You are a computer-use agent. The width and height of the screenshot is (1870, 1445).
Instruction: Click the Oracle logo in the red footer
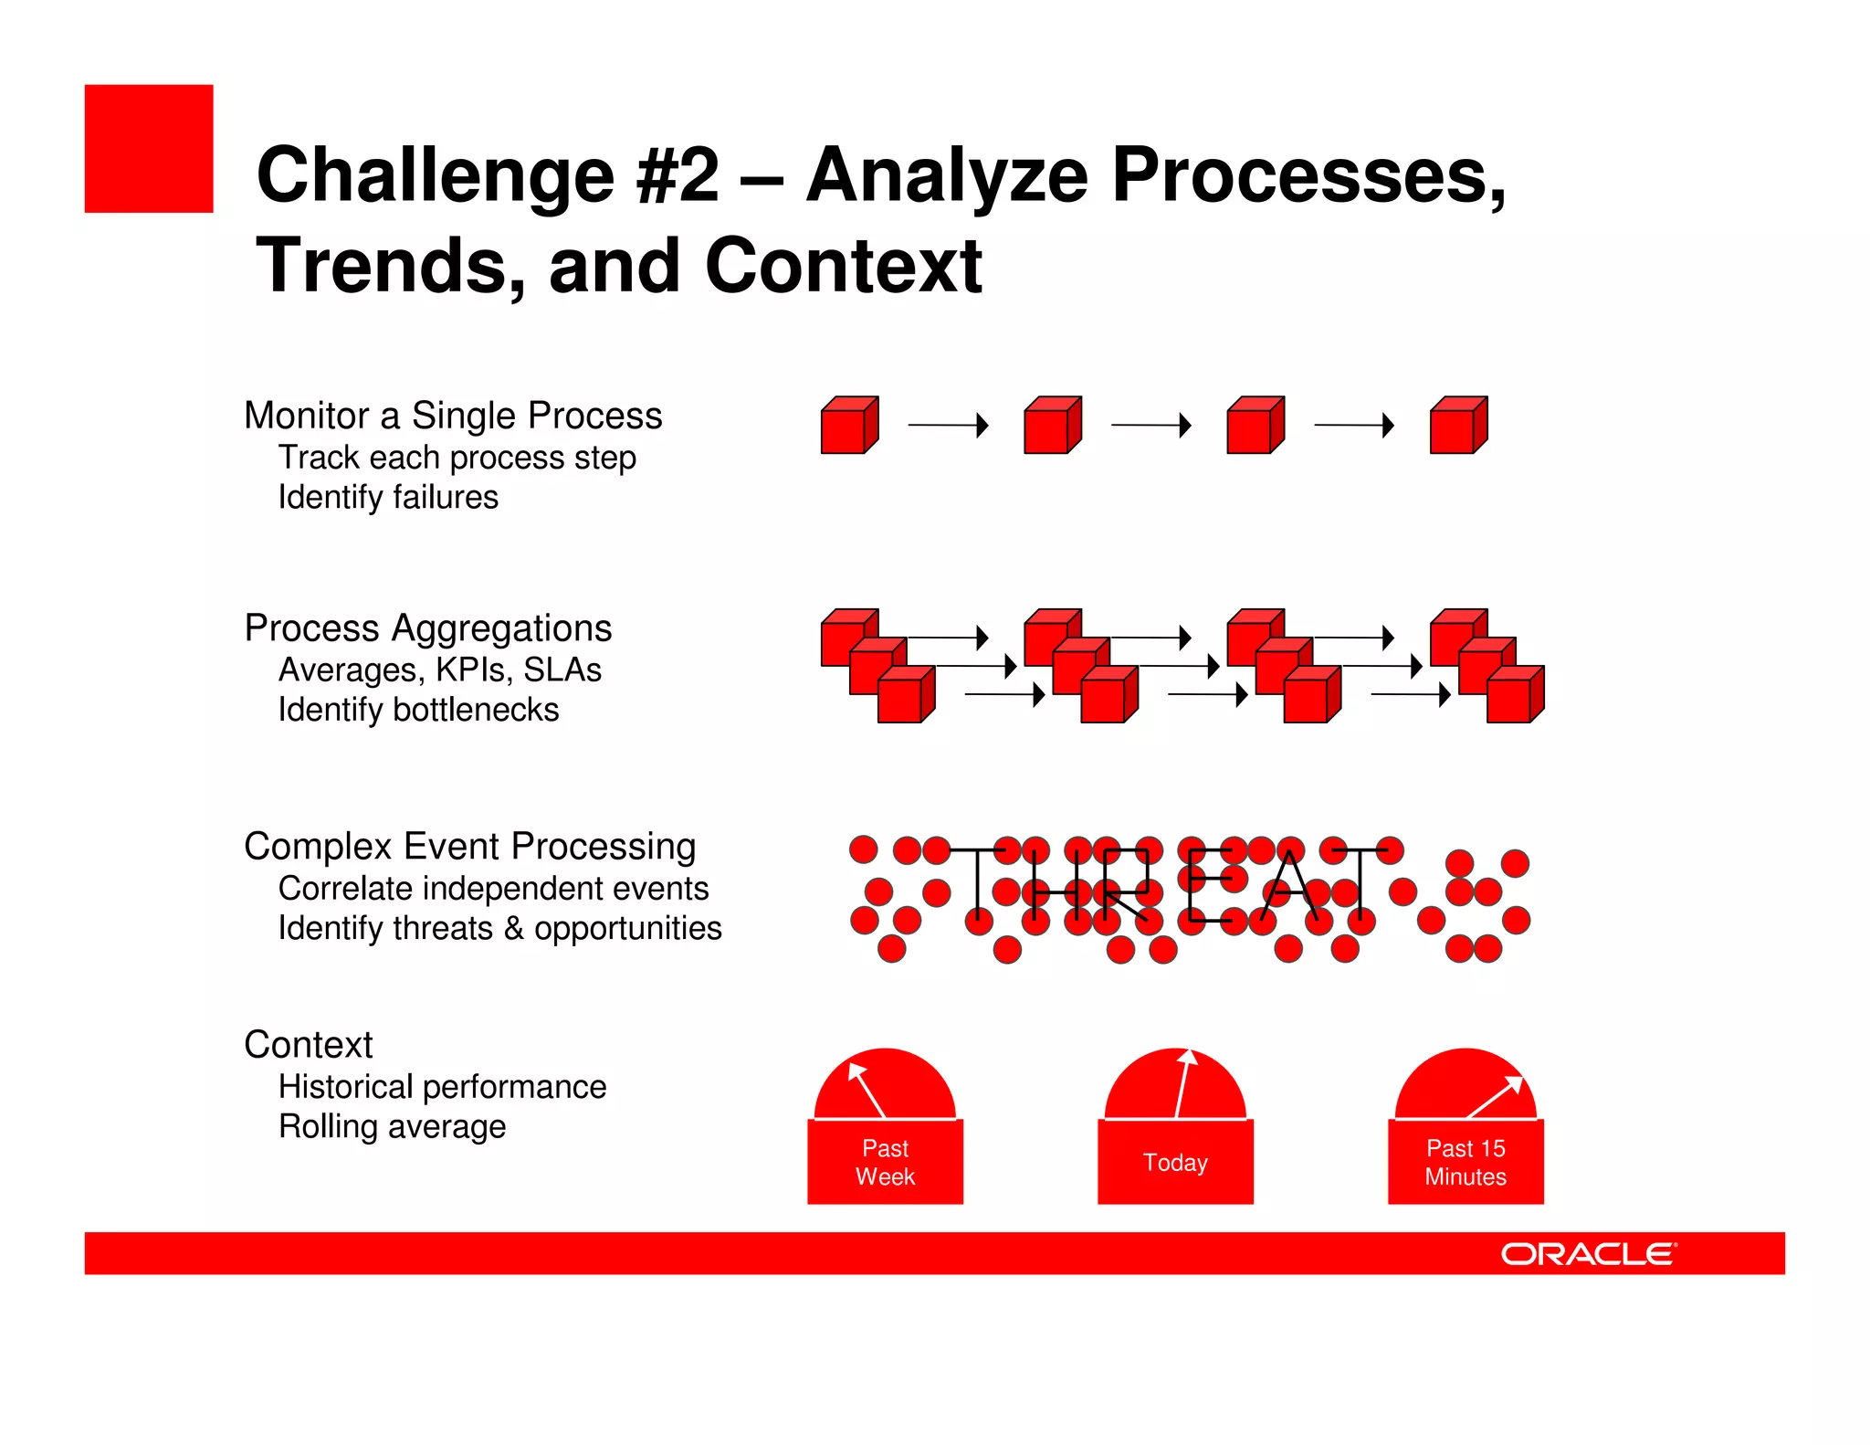(1588, 1253)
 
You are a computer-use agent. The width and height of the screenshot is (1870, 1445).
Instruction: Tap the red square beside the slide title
(149, 149)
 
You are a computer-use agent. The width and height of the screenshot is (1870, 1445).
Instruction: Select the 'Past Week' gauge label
(885, 1162)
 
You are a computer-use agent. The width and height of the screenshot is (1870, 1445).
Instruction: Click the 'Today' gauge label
(1175, 1162)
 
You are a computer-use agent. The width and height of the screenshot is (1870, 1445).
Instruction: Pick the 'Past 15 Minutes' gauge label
(1466, 1162)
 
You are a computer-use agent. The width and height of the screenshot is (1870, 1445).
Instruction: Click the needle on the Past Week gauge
(867, 1091)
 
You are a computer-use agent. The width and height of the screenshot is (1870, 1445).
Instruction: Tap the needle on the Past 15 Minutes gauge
(1495, 1096)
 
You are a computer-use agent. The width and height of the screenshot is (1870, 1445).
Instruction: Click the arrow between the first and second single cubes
(948, 426)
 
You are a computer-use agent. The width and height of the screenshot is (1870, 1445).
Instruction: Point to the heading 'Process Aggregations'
(427, 628)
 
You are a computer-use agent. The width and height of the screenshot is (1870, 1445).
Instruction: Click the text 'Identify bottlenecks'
(418, 710)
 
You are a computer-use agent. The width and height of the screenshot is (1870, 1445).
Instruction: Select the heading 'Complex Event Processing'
(469, 847)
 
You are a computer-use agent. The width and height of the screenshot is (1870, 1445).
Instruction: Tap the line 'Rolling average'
(392, 1126)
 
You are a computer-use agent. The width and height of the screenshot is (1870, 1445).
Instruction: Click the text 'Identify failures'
(388, 497)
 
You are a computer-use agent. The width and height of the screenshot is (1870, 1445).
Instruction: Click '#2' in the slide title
(678, 175)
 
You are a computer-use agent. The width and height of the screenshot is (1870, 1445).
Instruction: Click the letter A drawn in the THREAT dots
(1290, 886)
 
